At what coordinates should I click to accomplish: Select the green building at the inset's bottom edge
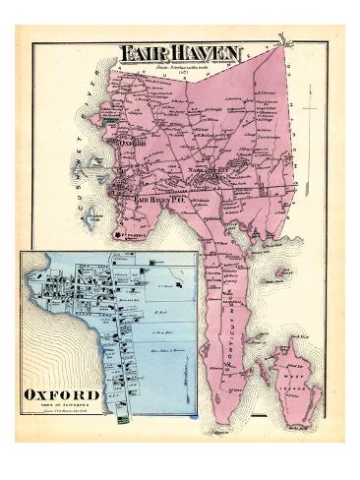[121, 420]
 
